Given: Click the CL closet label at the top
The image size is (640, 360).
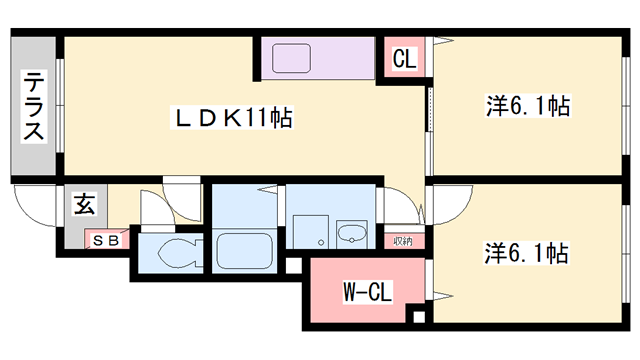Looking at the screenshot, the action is point(404,59).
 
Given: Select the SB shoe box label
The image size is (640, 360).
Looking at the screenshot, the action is point(105,240).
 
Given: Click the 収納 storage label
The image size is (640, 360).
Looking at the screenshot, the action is point(402,240).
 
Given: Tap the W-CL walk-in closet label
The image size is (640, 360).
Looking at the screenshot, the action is point(367,292).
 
